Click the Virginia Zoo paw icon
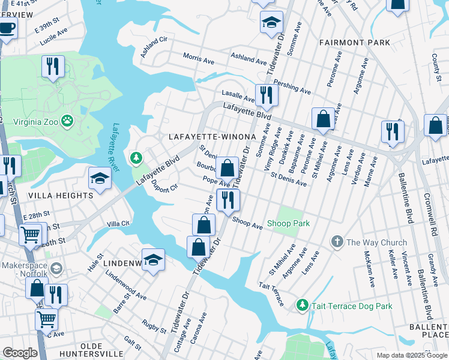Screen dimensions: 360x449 click(68, 121)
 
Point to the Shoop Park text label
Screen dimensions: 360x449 click(288, 224)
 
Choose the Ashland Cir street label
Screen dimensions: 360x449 click(153, 47)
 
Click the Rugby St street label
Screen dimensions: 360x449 click(155, 326)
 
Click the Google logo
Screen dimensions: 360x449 click(20, 353)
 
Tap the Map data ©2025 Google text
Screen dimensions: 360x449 click(411, 355)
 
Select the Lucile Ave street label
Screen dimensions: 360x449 click(56, 40)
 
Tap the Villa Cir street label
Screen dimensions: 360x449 click(118, 223)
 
